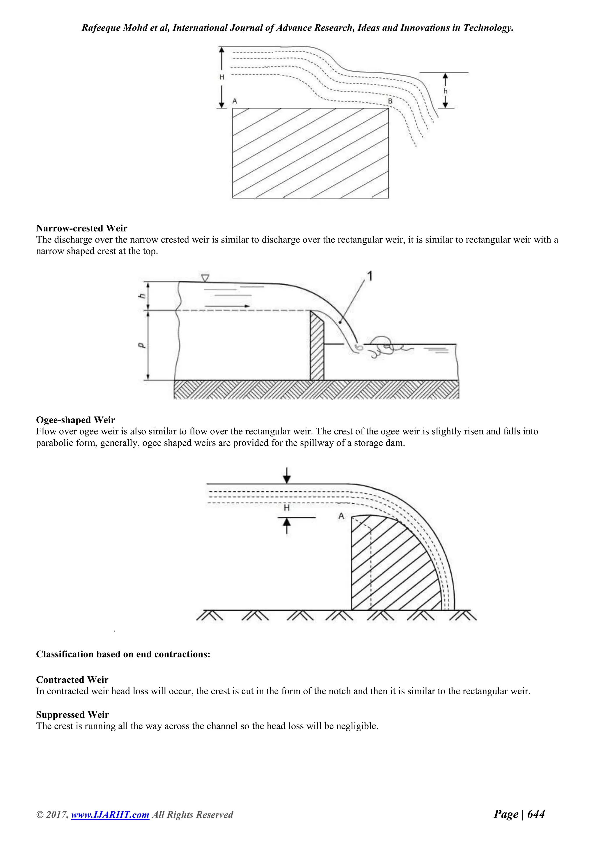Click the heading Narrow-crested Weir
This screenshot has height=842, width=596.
81,228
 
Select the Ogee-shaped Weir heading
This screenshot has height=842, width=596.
75,420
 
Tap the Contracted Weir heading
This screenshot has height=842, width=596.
72,679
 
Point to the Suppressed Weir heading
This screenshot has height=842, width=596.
72,714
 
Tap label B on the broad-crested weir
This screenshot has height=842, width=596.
390,101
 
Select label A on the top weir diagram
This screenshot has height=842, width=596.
235,101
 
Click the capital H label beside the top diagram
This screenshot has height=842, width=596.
222,77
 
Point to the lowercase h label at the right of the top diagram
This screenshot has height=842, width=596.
446,91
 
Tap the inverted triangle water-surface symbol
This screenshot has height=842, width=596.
205,278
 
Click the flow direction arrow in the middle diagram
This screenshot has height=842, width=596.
228,306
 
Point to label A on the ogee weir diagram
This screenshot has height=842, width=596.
341,516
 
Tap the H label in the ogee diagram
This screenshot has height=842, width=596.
287,508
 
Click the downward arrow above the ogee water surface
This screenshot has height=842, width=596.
287,475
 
